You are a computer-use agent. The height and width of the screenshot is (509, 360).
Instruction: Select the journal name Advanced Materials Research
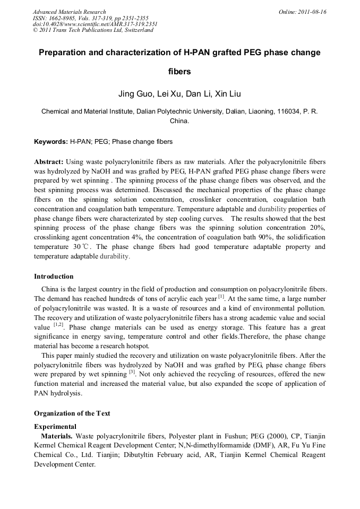pyautogui.click(x=69, y=12)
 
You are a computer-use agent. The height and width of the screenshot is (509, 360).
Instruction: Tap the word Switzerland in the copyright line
pyautogui.click(x=135, y=30)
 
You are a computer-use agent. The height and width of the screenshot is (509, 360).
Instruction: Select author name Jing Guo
pyautogui.click(x=136, y=95)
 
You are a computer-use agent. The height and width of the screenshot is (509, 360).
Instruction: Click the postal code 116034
pyautogui.click(x=278, y=111)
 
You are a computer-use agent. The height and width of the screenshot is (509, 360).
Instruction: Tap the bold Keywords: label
pyautogui.click(x=51, y=142)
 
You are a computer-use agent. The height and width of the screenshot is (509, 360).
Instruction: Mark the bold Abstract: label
pyautogui.click(x=49, y=161)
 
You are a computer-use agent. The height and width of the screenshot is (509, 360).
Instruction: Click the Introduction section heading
pyautogui.click(x=54, y=277)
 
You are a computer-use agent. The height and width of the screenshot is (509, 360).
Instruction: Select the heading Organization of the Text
pyautogui.click(x=72, y=413)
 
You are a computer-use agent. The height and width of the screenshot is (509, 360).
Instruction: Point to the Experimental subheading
pyautogui.click(x=55, y=426)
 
